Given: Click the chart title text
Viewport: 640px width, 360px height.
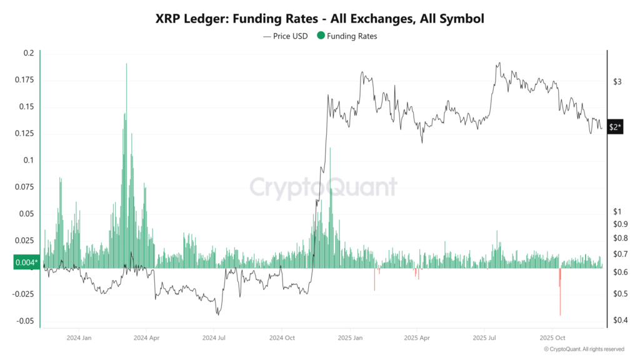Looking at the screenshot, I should point(319,19).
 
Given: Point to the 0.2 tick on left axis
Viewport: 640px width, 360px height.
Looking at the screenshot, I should point(29,53).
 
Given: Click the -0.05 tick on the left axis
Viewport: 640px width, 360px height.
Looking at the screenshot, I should point(25,321).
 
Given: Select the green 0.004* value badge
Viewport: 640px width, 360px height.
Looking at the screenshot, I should point(26,262).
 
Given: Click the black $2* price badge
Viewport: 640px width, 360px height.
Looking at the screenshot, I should point(615,127).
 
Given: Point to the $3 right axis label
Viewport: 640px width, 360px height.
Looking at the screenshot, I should point(618,82).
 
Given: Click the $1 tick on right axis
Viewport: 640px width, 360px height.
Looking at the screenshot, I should point(617,211).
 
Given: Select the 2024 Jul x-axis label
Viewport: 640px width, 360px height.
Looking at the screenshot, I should point(214,337).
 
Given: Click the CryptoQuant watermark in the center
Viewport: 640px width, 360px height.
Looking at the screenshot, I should point(323,187).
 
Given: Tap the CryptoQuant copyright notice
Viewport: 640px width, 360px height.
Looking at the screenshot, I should point(584,349).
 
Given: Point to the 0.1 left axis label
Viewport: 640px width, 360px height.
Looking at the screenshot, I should point(29,161).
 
